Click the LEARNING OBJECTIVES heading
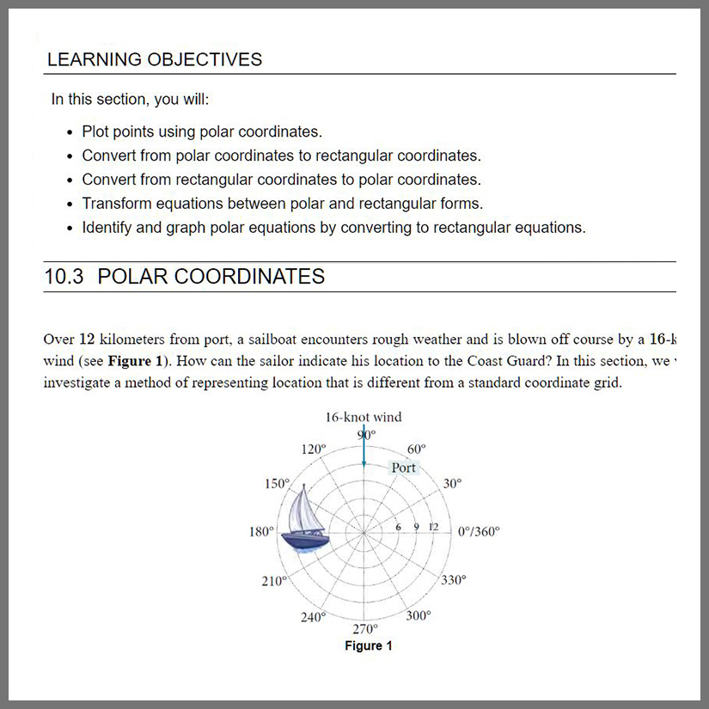(x=155, y=59)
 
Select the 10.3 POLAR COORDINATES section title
(x=184, y=277)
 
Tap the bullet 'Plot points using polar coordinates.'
(x=202, y=131)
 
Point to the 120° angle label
(x=315, y=449)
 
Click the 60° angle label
(x=416, y=449)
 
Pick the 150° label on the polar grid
(x=277, y=484)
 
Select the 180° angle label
(x=261, y=532)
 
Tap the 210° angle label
(x=273, y=581)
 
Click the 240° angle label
(x=313, y=617)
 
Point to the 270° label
(x=365, y=628)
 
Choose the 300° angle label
(x=419, y=616)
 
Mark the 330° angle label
(x=454, y=580)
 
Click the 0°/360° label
(x=478, y=532)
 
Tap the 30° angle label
(x=453, y=484)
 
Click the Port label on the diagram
(x=403, y=468)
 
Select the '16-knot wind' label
(x=363, y=418)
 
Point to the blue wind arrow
(x=364, y=447)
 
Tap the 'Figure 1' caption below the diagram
(x=369, y=646)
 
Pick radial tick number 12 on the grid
(x=433, y=526)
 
